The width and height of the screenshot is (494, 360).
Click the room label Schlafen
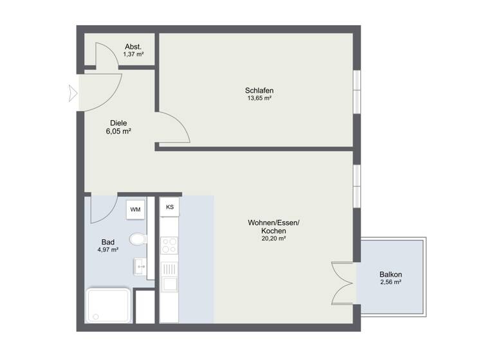click(x=259, y=90)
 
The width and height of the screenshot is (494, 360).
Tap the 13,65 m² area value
click(x=259, y=98)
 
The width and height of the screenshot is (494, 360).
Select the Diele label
click(x=118, y=122)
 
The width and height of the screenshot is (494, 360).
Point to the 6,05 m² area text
click(x=118, y=130)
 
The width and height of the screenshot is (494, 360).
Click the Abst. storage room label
click(x=133, y=46)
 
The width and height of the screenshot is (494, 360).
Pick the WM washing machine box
click(x=135, y=209)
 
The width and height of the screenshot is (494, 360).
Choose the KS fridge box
click(x=170, y=207)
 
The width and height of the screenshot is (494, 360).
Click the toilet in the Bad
click(x=138, y=240)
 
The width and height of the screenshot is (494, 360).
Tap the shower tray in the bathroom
click(x=109, y=306)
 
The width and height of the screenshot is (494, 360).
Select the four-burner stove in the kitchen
click(x=170, y=246)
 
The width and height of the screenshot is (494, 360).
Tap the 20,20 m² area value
click(x=274, y=239)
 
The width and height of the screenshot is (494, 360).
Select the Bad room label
click(x=107, y=242)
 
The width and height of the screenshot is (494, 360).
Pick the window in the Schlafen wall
click(x=356, y=86)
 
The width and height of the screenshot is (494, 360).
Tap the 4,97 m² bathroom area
click(x=107, y=250)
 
